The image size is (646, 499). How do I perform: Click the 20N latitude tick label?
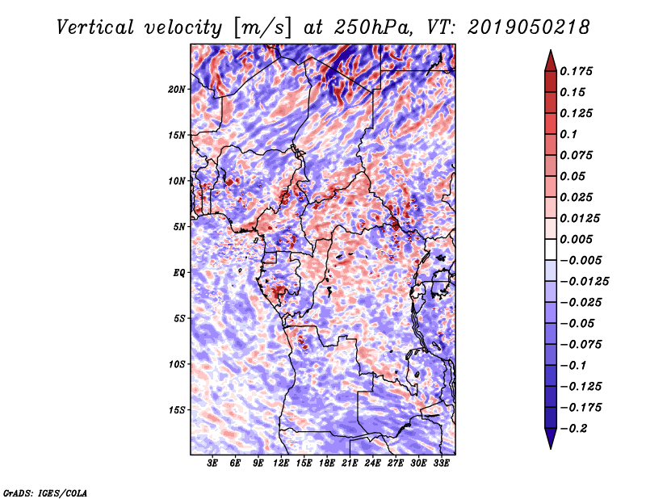tap(177, 89)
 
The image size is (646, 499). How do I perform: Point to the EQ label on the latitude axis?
tap(179, 273)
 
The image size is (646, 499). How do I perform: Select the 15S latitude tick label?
tap(177, 410)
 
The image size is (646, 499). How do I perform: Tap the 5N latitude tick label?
tap(179, 227)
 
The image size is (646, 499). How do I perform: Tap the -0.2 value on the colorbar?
tap(576, 428)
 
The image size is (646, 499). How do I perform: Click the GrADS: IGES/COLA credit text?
tap(44, 492)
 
